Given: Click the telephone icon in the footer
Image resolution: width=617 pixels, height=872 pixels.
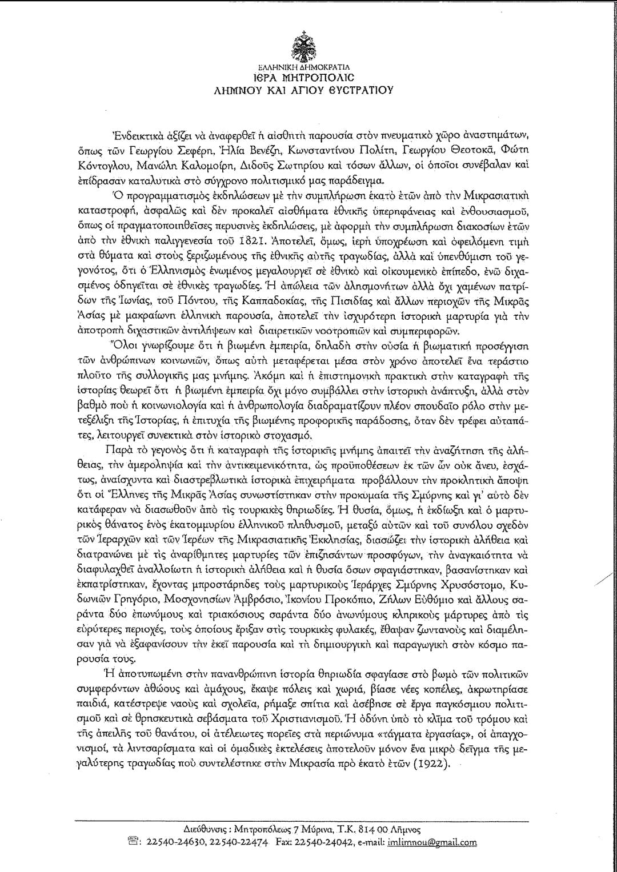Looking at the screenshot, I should click(x=135, y=842).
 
